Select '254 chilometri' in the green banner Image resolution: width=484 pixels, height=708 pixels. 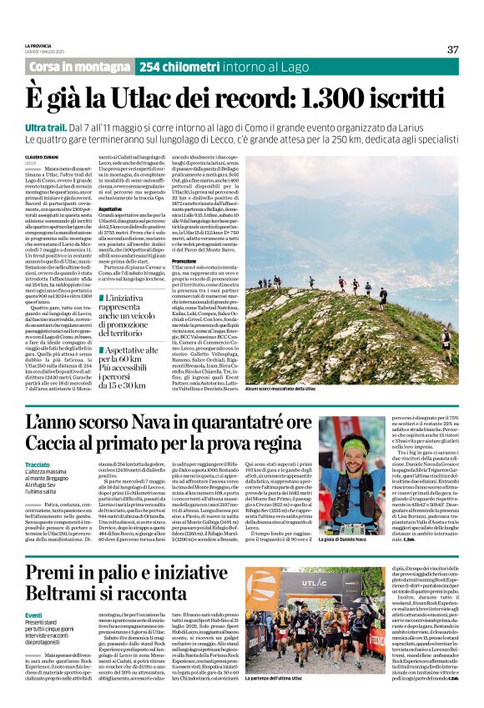[172, 67]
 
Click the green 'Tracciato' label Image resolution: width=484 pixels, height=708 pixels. [37, 464]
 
